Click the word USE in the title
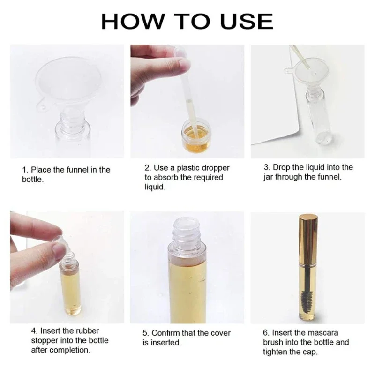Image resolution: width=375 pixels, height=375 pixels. click(247, 21)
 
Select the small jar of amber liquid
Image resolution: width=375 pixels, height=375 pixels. click(196, 136)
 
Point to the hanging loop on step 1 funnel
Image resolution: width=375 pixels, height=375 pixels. click(42, 106)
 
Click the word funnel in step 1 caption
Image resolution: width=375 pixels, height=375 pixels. click(77, 170)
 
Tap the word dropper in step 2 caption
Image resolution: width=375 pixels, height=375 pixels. click(216, 168)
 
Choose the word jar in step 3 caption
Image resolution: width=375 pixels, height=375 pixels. click(268, 177)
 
